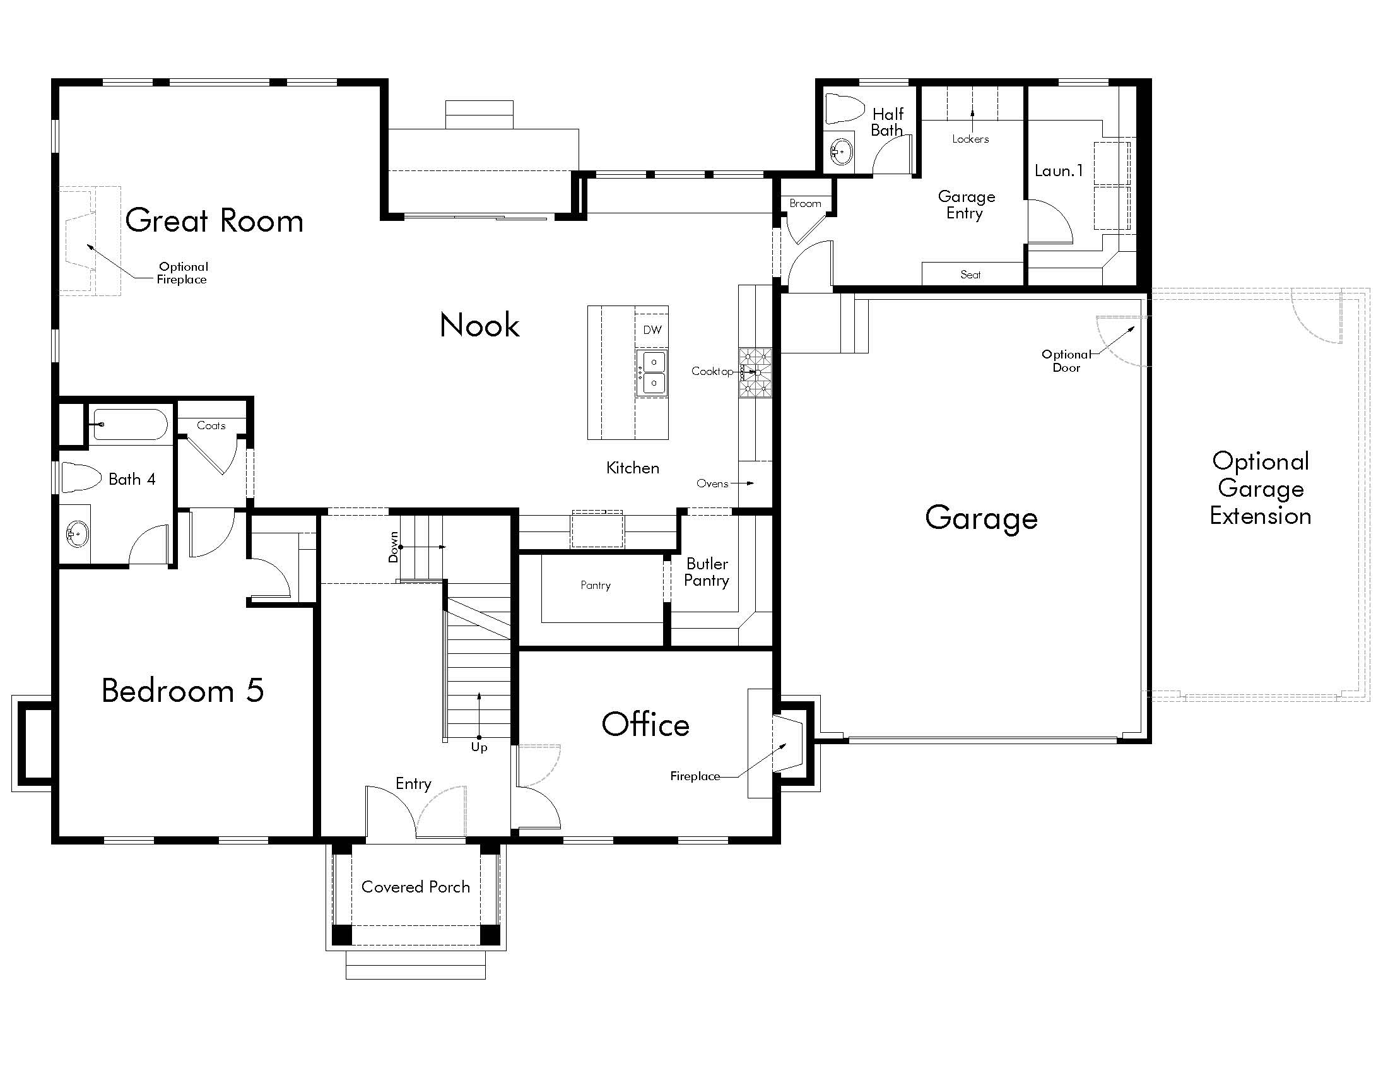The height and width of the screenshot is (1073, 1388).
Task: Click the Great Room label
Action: [x=214, y=220]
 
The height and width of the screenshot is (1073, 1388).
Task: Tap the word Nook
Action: [x=479, y=326]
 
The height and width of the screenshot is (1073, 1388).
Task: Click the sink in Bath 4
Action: [x=78, y=534]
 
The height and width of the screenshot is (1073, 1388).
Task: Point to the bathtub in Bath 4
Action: [x=131, y=424]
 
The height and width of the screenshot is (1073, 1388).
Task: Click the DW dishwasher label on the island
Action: [x=652, y=330]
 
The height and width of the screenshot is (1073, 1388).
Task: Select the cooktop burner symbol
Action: [x=755, y=372]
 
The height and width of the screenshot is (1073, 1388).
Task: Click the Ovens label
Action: [x=712, y=483]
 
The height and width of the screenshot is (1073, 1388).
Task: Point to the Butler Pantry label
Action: [x=707, y=572]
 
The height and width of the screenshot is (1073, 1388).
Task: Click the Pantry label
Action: [x=596, y=585]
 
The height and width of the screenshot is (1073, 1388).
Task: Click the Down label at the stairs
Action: [x=394, y=547]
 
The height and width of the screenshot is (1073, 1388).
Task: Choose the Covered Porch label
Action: [x=416, y=887]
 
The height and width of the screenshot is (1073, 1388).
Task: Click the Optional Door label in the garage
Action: [x=1066, y=361]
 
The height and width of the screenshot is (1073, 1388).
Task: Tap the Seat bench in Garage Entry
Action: [x=970, y=275]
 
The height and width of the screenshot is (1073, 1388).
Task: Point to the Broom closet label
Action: [x=805, y=203]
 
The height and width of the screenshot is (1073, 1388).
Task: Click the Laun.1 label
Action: [x=1058, y=170]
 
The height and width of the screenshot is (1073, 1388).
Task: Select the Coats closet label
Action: [x=211, y=425]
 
